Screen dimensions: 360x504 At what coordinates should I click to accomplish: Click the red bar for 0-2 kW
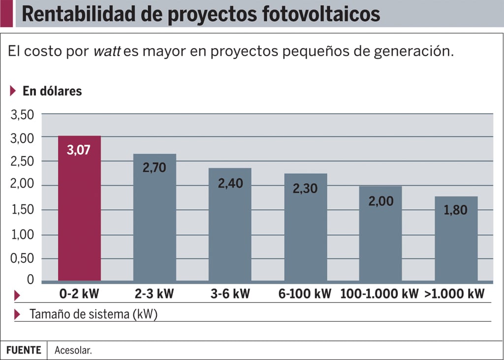tap(79, 217)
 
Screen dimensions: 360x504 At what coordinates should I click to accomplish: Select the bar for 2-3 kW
tap(155, 227)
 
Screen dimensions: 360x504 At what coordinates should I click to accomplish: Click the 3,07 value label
tap(79, 150)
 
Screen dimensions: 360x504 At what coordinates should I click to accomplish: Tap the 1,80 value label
tap(455, 210)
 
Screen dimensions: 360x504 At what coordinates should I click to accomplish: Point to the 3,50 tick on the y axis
tap(22, 115)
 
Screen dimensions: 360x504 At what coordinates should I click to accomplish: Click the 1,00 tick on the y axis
tap(22, 235)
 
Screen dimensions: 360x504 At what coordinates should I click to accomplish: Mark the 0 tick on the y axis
tap(31, 280)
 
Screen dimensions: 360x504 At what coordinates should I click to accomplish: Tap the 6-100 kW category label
tap(305, 295)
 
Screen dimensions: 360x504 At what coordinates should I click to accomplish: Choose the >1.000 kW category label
tap(454, 295)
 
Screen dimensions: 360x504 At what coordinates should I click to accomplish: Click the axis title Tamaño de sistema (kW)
tap(94, 314)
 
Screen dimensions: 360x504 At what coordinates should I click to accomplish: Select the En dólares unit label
tap(52, 91)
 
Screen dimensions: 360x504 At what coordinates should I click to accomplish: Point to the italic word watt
tap(107, 51)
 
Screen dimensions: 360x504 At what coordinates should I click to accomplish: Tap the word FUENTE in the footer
tap(24, 350)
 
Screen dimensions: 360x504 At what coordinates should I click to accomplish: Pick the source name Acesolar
tap(73, 351)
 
